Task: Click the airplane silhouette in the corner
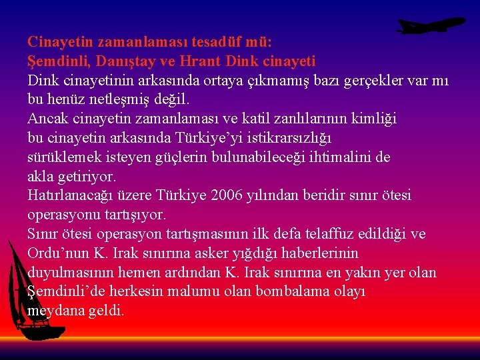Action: [430, 25]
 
